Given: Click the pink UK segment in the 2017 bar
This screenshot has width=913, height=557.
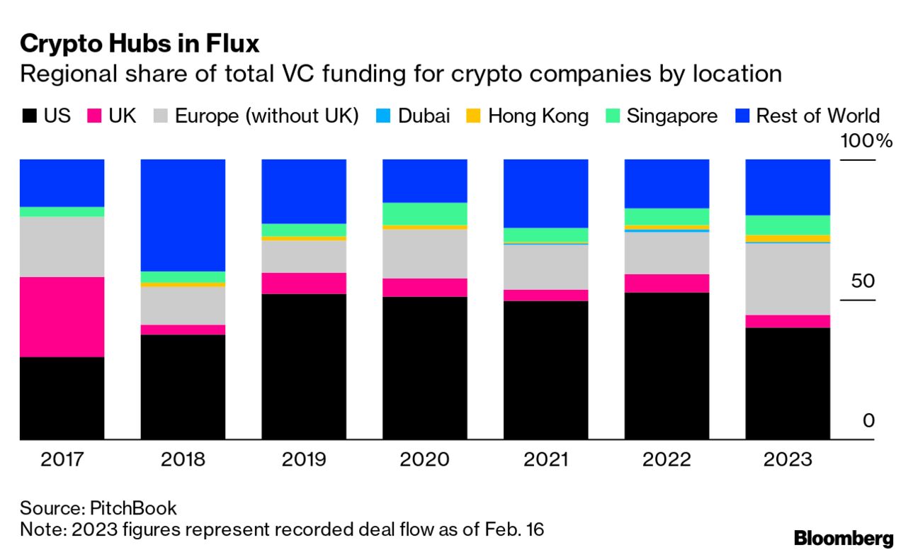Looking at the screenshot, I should (62, 317).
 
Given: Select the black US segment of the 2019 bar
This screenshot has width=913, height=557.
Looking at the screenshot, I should (304, 366).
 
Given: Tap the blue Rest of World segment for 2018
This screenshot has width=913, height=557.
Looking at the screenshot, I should (183, 215).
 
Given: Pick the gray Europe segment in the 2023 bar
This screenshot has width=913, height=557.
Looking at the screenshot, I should (788, 279).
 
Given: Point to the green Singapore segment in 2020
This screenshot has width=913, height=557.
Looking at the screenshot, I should (424, 213).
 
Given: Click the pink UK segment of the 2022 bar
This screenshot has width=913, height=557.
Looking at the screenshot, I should (667, 283).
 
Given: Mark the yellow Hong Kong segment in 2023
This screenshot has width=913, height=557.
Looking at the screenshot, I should (788, 238).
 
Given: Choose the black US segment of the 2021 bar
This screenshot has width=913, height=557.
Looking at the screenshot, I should (545, 370).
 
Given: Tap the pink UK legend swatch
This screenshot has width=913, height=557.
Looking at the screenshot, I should (95, 116).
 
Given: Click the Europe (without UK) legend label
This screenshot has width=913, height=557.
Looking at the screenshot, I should (266, 116).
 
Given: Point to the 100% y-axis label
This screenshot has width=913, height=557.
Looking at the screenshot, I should (866, 140).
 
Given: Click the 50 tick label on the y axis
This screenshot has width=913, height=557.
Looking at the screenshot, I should (862, 281).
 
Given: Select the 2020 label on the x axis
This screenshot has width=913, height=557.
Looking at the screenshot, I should (424, 460).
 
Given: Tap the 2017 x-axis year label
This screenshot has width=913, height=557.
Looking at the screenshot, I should (62, 460).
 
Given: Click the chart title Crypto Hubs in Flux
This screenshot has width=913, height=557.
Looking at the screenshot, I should (140, 44).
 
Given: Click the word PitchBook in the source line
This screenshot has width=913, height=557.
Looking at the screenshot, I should (133, 507).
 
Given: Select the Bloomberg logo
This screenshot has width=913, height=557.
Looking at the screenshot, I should (843, 538).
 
